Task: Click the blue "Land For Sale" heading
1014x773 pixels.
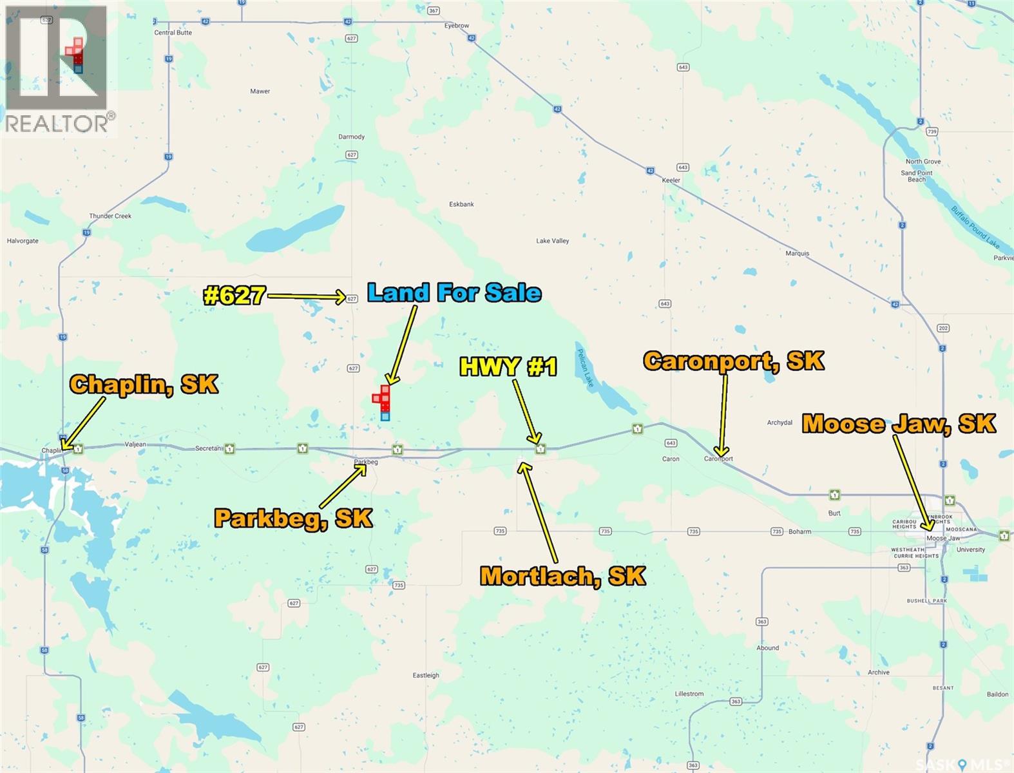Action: pos(454,292)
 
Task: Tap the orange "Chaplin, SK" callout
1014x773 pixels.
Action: pos(144,385)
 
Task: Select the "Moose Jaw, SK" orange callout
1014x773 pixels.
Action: pos(899,424)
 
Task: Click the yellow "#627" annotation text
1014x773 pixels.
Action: pos(234,296)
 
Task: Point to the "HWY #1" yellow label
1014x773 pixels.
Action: pos(508,367)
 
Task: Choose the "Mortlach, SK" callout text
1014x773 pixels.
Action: pos(562,576)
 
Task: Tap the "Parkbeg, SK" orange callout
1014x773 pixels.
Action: pos(293,518)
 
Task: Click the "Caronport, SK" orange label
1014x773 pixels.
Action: pos(733,361)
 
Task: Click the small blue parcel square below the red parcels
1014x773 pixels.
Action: pos(385,417)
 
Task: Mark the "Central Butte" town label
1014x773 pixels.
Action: pos(173,33)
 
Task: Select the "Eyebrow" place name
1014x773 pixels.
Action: pos(457,26)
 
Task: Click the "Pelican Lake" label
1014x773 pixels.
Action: pos(585,368)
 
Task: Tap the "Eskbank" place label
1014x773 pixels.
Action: pos(461,204)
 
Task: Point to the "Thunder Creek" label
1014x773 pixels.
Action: pos(110,216)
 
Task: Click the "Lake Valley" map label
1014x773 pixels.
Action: pos(553,241)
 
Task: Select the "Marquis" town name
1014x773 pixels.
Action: pos(797,253)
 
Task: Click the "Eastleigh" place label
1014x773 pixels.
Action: pos(426,675)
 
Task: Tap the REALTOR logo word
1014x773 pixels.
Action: pos(57,124)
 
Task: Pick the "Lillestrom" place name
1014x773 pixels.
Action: pos(689,694)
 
